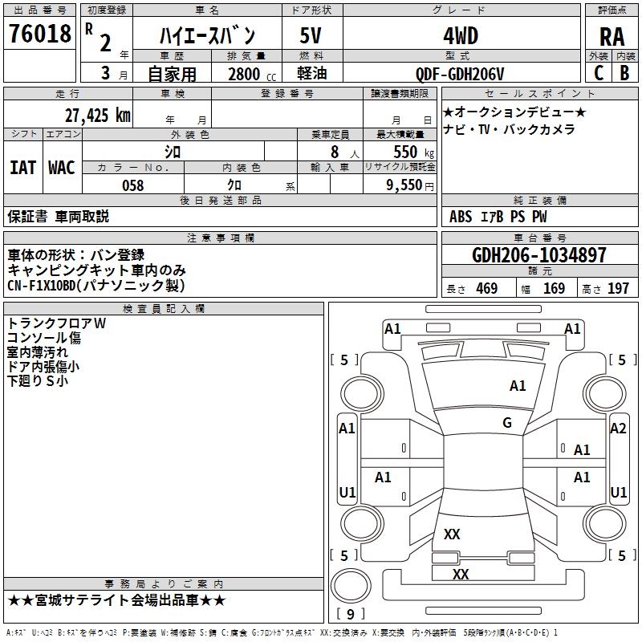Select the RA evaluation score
click(612, 36)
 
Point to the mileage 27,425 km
click(97, 115)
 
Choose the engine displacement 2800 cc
click(244, 74)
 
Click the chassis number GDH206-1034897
click(539, 255)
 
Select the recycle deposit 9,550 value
click(404, 185)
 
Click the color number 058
click(132, 185)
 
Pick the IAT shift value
click(22, 167)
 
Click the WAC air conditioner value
click(62, 167)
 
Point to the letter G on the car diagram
click(507, 423)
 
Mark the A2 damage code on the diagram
click(618, 429)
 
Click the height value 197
click(618, 288)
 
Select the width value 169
click(554, 288)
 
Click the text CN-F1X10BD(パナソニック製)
click(96, 286)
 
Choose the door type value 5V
click(311, 35)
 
